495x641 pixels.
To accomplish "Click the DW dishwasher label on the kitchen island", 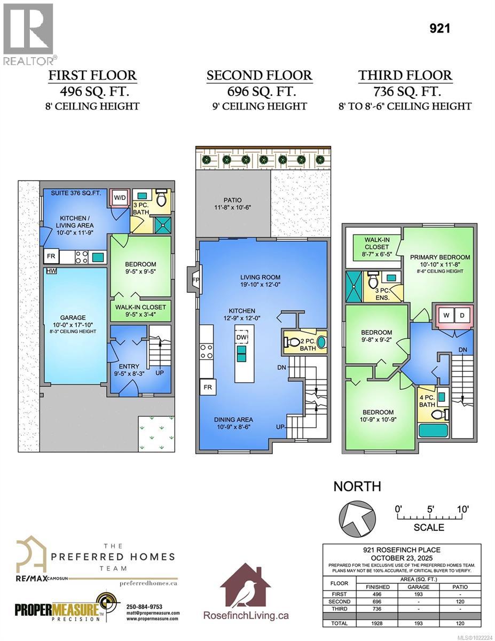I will [242, 337].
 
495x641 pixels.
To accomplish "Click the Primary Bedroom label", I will [440, 257].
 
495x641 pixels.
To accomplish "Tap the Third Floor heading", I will [405, 75].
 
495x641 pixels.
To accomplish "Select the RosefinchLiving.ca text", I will [246, 615].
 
